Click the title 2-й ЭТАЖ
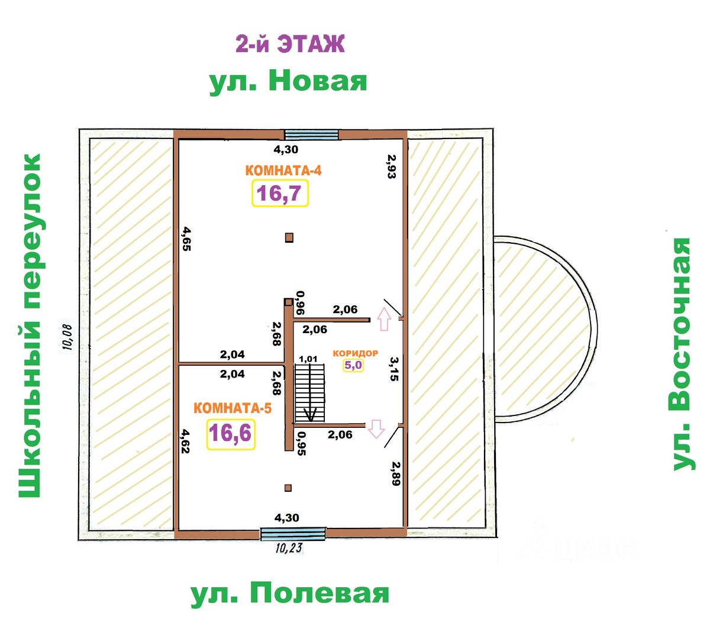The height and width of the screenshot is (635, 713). [290, 44]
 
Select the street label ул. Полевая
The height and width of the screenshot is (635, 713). [290, 593]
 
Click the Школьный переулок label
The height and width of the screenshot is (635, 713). [30, 325]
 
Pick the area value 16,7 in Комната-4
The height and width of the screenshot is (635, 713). [280, 194]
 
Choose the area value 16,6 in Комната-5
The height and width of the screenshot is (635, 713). [230, 433]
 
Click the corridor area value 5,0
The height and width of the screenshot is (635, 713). [353, 365]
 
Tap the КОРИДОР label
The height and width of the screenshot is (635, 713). [355, 353]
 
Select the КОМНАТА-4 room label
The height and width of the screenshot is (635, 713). [283, 170]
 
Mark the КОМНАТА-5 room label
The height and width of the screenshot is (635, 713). [233, 408]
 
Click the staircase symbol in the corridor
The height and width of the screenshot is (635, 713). [310, 393]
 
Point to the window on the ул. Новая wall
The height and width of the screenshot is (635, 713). [312, 134]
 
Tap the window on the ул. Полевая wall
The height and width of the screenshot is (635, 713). [293, 534]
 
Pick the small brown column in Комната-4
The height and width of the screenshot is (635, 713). [289, 237]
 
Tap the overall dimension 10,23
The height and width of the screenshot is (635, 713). [289, 548]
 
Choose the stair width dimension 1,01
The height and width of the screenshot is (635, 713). [308, 359]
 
